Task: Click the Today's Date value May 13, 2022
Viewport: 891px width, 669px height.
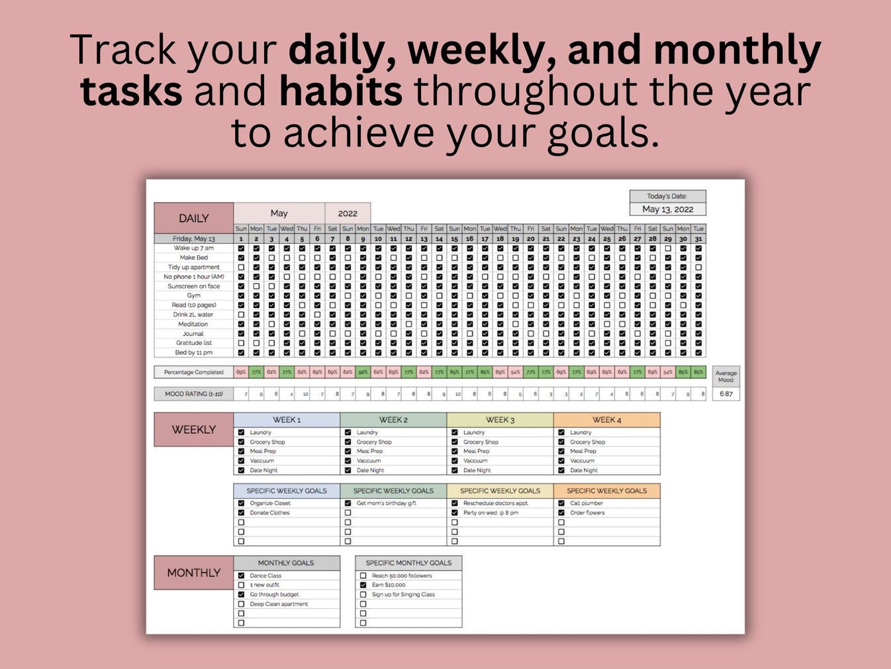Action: pos(667,209)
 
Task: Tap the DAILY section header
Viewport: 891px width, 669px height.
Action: pos(193,218)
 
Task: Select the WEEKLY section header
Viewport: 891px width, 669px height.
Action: pos(193,429)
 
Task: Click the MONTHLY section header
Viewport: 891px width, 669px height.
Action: pos(193,572)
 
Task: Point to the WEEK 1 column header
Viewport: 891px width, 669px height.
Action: pos(287,420)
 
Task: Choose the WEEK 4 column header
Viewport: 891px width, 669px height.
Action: pos(606,420)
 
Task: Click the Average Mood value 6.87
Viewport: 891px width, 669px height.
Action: pos(726,393)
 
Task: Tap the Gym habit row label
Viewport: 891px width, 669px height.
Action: pos(193,295)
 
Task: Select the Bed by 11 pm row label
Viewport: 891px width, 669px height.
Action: pos(193,352)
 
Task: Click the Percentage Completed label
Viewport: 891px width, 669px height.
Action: pos(193,372)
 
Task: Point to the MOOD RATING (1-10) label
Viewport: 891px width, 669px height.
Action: pos(193,393)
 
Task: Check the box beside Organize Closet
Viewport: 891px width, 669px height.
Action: pos(241,503)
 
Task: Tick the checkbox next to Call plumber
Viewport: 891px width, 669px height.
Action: pos(561,503)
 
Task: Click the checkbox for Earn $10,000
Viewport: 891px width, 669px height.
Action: pos(363,585)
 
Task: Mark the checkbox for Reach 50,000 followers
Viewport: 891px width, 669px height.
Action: pos(363,576)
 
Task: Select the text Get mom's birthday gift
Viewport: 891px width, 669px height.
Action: pos(387,503)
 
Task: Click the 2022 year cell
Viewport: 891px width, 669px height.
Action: pos(348,213)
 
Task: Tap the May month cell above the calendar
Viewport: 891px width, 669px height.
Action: pos(279,213)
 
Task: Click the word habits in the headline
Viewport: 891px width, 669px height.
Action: pos(340,91)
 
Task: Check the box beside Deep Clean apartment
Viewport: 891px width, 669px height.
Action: pos(241,604)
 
